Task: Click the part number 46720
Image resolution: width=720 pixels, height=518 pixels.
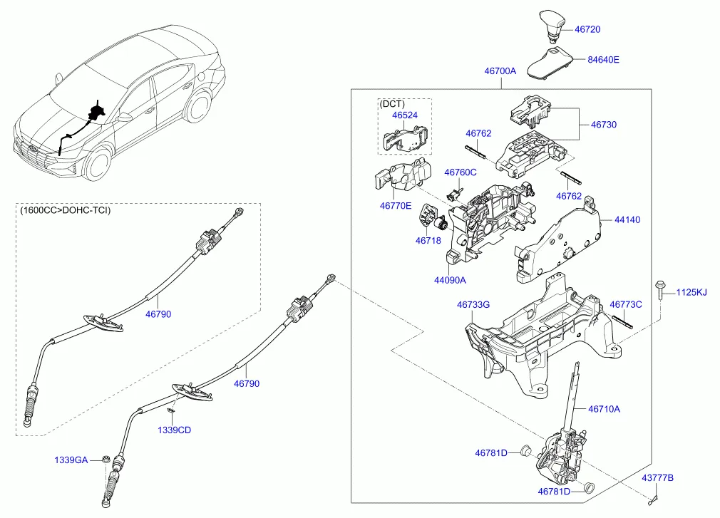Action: click(x=587, y=30)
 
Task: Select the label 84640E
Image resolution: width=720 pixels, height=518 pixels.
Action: click(x=603, y=60)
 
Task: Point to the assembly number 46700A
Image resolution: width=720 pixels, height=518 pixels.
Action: click(x=500, y=71)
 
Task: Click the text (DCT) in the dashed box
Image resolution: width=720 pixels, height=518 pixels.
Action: click(x=392, y=104)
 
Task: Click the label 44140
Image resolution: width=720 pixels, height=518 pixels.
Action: click(x=627, y=220)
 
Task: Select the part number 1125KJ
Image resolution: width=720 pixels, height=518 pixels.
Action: click(x=691, y=292)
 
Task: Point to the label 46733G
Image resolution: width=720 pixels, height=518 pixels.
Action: click(x=473, y=304)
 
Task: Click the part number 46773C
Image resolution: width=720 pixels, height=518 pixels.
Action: click(x=626, y=304)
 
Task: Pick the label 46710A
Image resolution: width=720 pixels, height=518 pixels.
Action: click(x=604, y=409)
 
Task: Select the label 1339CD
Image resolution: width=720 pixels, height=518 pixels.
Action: click(x=175, y=430)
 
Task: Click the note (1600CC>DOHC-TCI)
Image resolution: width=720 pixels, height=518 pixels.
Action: click(x=66, y=210)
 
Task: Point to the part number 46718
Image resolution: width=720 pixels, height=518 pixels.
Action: click(x=428, y=241)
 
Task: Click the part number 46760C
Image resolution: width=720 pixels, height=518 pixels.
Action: click(x=460, y=172)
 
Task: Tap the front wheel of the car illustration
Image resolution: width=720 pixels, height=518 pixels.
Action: click(x=97, y=165)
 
